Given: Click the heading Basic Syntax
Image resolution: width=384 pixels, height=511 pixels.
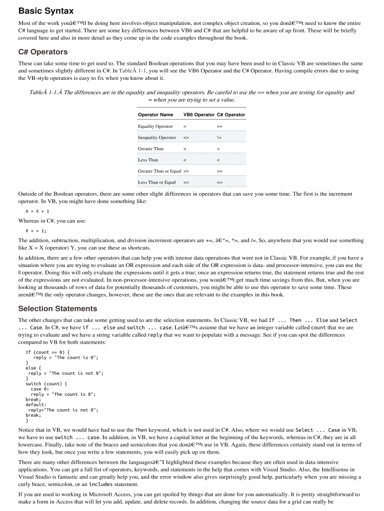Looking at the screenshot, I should (x=45, y=10).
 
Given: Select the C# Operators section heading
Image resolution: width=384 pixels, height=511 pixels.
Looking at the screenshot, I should (x=43, y=52).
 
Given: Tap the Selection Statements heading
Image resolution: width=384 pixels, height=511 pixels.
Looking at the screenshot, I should (x=58, y=308).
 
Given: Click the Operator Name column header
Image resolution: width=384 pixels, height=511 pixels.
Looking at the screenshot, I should (x=156, y=115).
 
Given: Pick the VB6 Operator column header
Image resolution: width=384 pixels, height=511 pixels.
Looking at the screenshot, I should (x=199, y=115).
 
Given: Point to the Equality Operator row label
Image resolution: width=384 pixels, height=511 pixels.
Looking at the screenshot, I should (x=156, y=126).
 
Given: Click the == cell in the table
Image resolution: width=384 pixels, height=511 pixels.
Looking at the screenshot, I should (x=220, y=126).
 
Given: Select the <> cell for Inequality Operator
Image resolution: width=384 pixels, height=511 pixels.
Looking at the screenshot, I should (x=186, y=138).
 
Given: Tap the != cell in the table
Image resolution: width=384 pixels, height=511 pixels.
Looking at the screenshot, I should (x=219, y=138).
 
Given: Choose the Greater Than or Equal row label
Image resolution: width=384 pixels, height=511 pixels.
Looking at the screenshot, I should (x=160, y=171).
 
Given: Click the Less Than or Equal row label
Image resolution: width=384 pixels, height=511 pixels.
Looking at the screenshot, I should (x=157, y=183).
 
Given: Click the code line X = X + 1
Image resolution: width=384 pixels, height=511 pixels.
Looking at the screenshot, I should (x=37, y=211).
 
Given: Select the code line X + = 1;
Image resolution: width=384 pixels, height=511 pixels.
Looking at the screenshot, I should (x=36, y=231).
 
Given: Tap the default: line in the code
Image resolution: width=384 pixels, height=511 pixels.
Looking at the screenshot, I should (x=36, y=405).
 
